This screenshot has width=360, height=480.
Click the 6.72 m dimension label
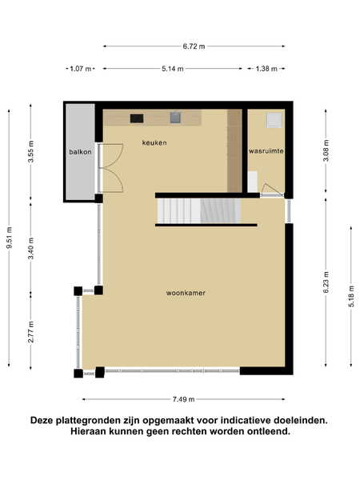coord(194,46)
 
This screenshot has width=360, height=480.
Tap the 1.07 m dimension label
coord(81,69)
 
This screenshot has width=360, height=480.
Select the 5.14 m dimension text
coord(173,69)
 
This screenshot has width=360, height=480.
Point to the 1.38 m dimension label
coord(266,69)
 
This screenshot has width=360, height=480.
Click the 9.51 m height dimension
coord(9,238)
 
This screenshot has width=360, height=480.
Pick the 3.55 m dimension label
coord(31,151)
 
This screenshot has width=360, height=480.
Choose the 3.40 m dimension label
coord(31,248)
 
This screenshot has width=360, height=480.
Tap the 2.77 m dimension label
coord(31,332)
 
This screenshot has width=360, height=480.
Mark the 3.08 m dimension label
coord(326,150)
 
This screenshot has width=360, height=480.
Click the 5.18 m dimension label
coord(351,296)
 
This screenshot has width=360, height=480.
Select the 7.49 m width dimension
coord(184,399)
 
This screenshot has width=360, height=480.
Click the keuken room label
coord(154,142)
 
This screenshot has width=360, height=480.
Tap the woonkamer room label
coord(186,293)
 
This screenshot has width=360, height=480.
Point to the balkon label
coord(80,152)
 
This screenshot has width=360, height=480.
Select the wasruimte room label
coord(266,151)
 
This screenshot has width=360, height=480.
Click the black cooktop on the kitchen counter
coord(137,118)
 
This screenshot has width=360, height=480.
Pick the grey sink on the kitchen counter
coord(175,118)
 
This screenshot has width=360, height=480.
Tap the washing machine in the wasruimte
coord(274,120)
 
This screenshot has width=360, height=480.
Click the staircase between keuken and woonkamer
coord(199,211)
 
